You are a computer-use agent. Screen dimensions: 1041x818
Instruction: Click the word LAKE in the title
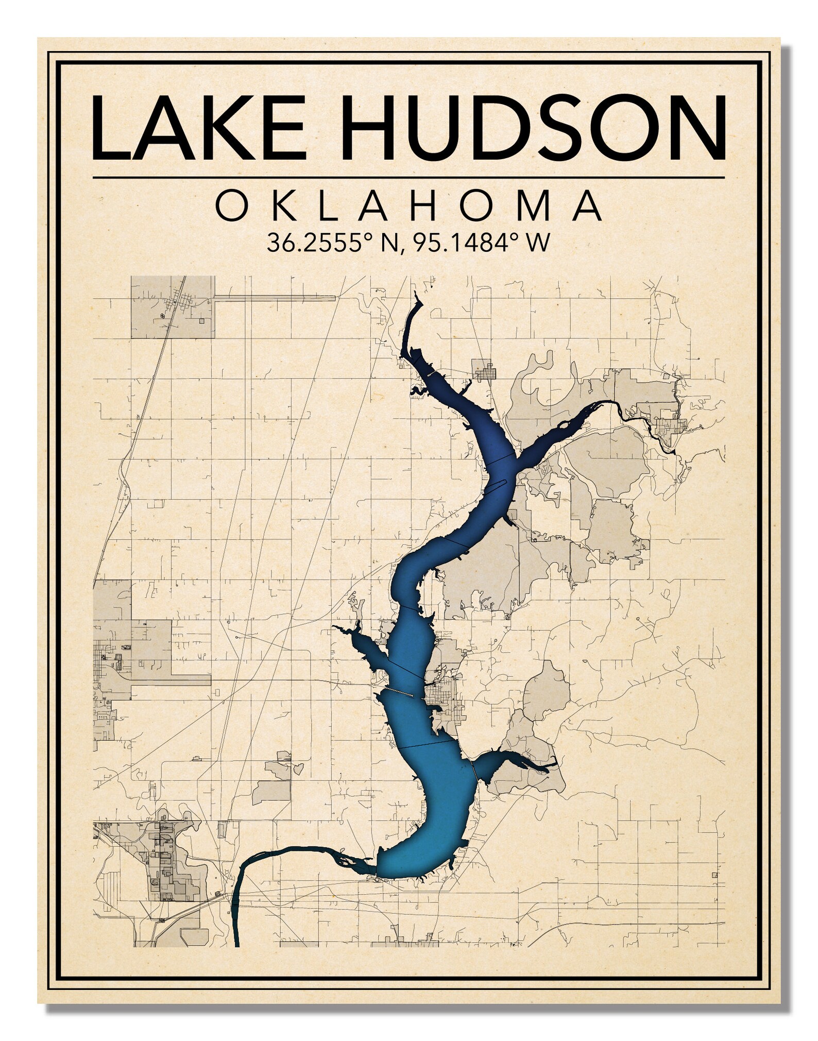click(198, 128)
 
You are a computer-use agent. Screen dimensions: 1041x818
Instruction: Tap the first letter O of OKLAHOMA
click(230, 206)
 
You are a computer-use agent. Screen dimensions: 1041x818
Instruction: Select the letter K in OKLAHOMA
click(282, 206)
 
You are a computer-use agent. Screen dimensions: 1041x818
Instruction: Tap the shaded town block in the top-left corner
click(173, 307)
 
